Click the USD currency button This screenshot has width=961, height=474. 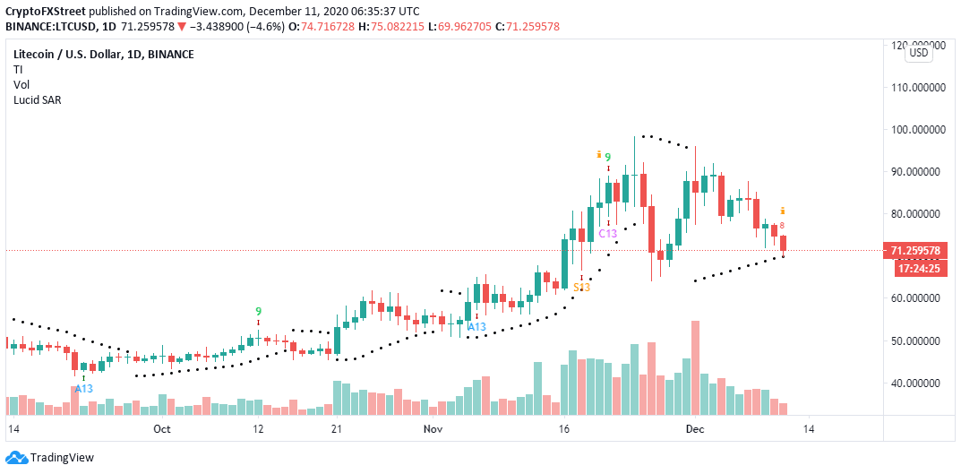(919, 53)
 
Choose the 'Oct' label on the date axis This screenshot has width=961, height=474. (163, 429)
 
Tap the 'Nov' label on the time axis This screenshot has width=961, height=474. (433, 429)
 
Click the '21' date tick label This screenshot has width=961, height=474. (338, 429)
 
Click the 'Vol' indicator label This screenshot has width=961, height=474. (21, 84)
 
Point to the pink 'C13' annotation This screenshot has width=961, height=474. (607, 234)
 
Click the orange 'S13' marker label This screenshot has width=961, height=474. (582, 287)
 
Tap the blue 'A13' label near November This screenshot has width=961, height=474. (476, 327)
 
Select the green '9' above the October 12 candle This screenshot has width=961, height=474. (258, 309)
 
